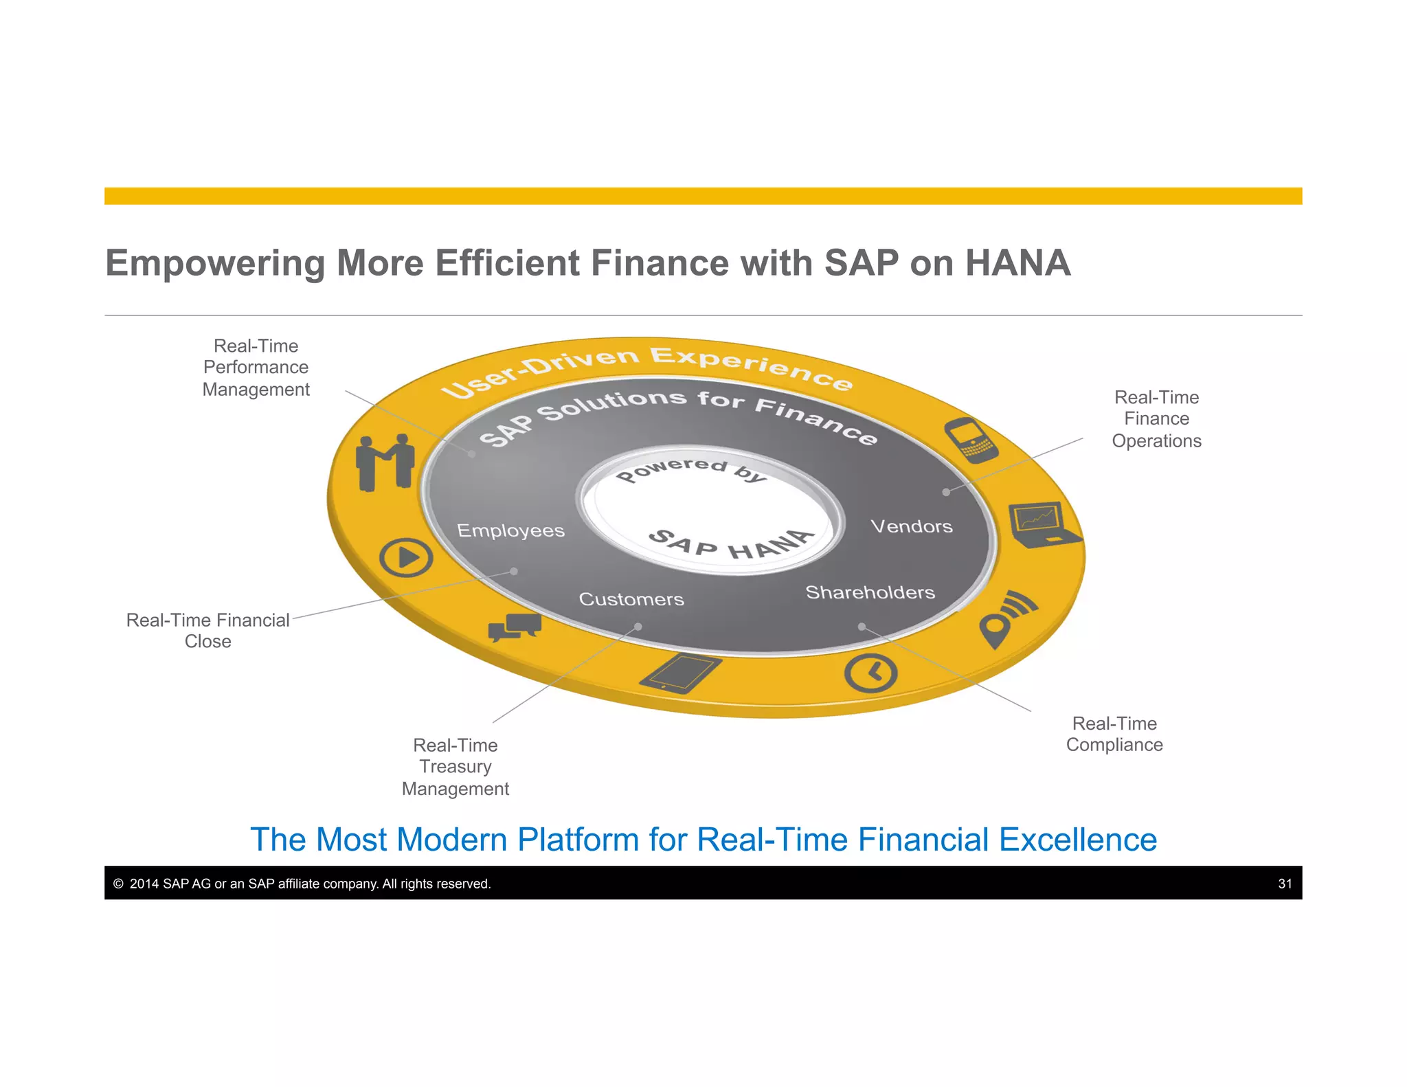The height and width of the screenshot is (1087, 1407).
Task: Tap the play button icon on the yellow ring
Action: point(406,557)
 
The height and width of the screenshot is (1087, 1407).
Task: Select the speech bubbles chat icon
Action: point(515,626)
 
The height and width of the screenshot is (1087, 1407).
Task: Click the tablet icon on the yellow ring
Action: point(680,673)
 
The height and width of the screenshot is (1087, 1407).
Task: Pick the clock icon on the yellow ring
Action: point(870,673)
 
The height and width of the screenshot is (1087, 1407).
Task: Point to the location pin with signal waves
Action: point(1006,618)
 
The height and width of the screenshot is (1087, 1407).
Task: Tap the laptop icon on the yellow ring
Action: point(1043,524)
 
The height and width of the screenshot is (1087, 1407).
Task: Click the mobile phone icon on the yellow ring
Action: point(971,439)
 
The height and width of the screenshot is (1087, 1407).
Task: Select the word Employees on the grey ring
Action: point(510,530)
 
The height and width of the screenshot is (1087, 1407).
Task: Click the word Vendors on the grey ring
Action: point(912,526)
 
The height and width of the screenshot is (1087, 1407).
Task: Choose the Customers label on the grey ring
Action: point(631,599)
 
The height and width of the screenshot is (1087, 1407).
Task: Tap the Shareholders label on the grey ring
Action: point(870,592)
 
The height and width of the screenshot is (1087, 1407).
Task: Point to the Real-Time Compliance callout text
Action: point(1114,734)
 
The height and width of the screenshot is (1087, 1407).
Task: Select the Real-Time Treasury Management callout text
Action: point(455,767)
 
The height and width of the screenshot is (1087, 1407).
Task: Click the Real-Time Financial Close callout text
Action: point(207,630)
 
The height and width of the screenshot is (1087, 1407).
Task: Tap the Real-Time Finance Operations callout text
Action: point(1156,418)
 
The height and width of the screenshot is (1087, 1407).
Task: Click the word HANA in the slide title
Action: point(1017,263)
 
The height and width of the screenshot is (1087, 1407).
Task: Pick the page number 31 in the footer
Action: point(1285,884)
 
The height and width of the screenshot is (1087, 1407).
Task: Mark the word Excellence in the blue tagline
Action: point(1077,840)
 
